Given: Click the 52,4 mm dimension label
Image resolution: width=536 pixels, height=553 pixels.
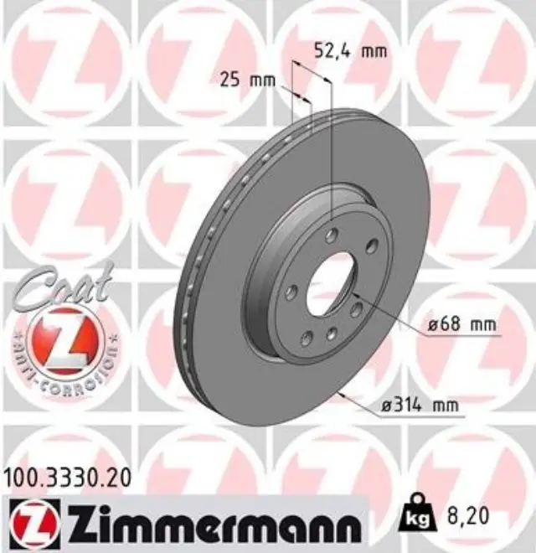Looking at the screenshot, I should tap(350, 50).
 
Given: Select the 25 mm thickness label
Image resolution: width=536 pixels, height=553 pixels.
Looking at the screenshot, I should tap(247, 80).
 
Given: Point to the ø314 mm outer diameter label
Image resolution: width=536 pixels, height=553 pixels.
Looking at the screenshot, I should tap(420, 406).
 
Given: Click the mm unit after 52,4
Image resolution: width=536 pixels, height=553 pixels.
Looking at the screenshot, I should tap(374, 50).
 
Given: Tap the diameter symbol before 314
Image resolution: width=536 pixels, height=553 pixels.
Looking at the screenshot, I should tap(386, 406).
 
